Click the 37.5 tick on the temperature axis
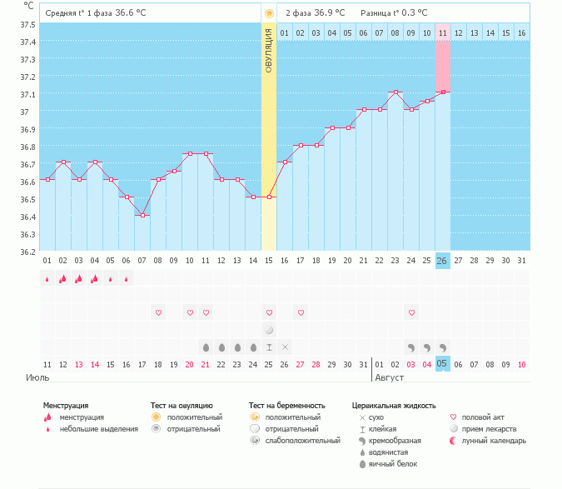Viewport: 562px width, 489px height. point(27,24)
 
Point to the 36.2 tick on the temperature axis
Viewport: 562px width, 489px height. point(27,251)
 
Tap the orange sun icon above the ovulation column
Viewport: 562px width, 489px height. point(268,13)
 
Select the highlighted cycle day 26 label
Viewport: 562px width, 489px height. point(442,261)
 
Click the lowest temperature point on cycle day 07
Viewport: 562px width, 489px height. point(142,216)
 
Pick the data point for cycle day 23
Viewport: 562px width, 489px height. point(395,92)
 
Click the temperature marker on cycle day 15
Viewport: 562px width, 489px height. point(269,197)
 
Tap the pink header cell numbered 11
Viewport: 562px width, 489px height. point(442,32)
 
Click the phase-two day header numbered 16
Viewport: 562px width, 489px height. point(521,32)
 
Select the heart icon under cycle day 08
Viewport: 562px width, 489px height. point(158,312)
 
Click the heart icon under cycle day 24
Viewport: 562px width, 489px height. point(410,312)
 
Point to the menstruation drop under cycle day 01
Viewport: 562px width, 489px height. point(47,279)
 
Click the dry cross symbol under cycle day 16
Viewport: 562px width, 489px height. point(285,346)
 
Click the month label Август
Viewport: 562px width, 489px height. point(391,377)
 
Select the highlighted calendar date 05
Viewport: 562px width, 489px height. point(442,364)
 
